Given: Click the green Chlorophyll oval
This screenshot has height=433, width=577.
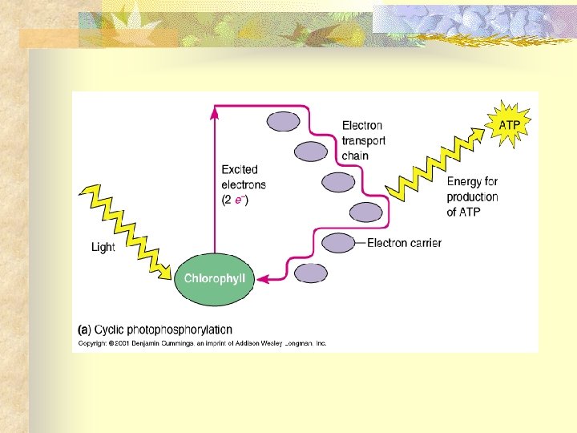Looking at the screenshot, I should tap(215, 278).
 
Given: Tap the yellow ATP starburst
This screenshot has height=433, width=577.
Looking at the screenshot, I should tap(508, 126).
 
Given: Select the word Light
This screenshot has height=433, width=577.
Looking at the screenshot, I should tap(103, 247).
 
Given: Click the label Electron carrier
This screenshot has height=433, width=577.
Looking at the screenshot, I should tap(404, 243).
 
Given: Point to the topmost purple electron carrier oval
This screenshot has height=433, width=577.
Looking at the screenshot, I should tap(283, 121).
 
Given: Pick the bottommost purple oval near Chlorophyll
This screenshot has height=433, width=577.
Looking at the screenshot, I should tap(311, 273).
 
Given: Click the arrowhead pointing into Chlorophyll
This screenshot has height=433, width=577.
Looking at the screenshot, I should tap(262, 278).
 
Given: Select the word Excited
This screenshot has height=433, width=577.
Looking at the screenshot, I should tap(240, 169).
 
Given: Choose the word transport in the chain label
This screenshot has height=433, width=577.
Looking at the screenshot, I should tap(363, 140).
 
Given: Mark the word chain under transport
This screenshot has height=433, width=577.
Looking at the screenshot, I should tap(355, 156).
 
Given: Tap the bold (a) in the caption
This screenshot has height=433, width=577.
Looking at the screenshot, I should tap(83, 330).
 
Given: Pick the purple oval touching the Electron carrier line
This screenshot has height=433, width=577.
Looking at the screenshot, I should tap(338, 242).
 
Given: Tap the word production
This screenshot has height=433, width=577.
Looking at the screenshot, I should tap(472, 197).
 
